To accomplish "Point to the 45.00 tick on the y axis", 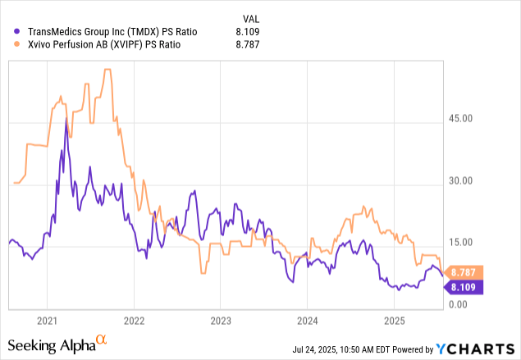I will pyautogui.click(x=472, y=118).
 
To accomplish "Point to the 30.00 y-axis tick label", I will pyautogui.click(x=472, y=180).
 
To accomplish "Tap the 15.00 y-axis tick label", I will pyautogui.click(x=472, y=242).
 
